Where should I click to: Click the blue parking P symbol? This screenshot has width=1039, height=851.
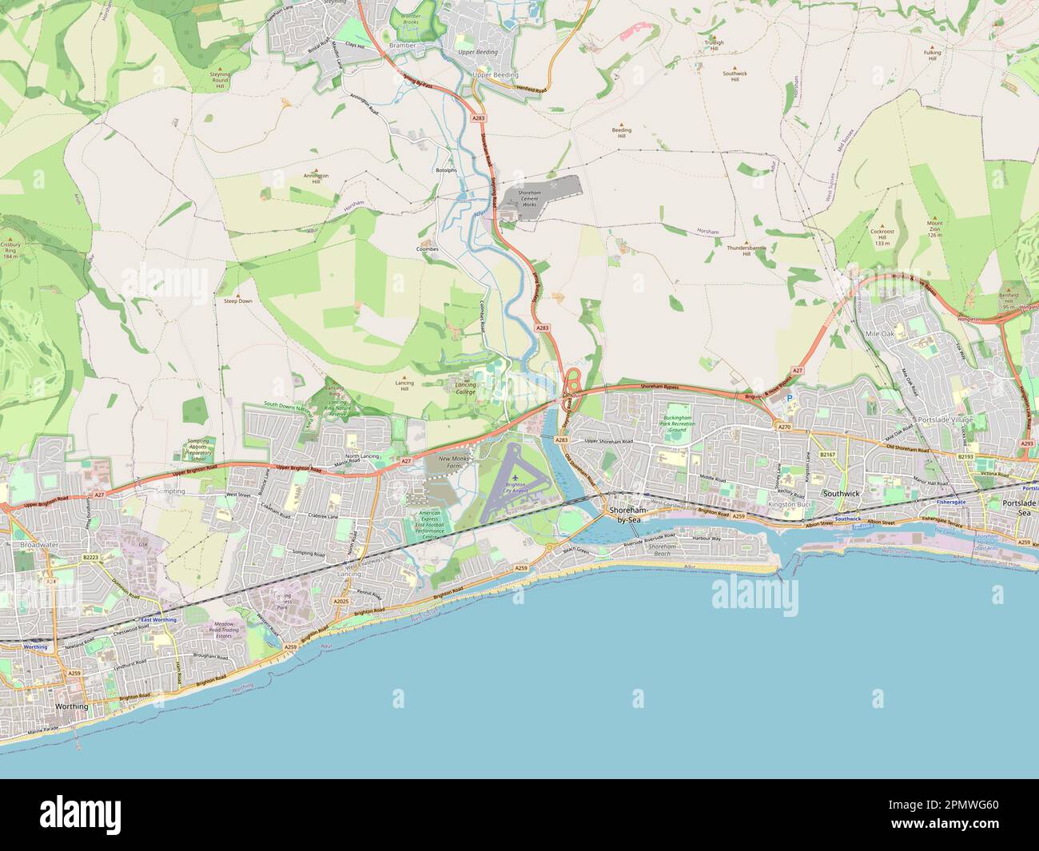tap(791, 398)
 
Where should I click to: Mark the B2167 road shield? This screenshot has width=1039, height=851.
tap(827, 455)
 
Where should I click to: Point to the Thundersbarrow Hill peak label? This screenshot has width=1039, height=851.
tap(746, 251)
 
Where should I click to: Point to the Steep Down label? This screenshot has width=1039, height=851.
tap(237, 301)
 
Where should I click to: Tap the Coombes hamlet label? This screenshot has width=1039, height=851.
tap(428, 249)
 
